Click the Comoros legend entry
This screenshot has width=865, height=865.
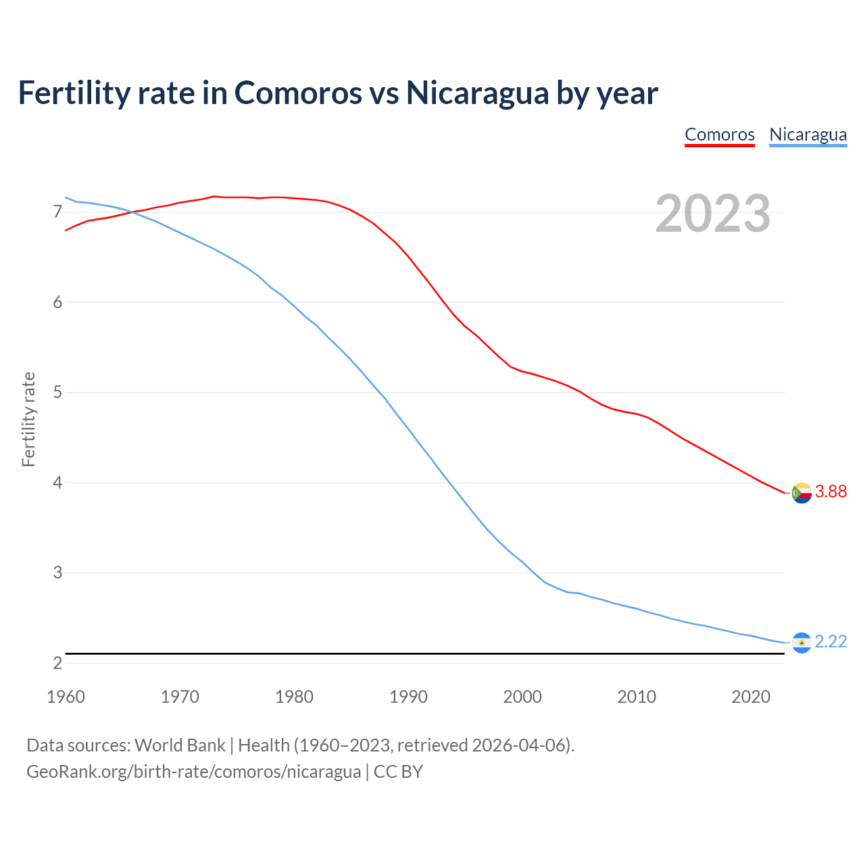(x=719, y=134)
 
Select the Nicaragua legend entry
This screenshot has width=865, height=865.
(x=808, y=134)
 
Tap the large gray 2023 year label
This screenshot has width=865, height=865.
(x=712, y=214)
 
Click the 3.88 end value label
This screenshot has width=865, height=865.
(x=831, y=492)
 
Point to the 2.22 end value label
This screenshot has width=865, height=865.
(x=831, y=642)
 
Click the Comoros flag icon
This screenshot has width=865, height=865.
(x=801, y=493)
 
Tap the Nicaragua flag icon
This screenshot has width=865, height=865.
(x=801, y=643)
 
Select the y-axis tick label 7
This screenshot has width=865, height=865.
(x=57, y=212)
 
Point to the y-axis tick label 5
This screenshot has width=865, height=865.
(x=57, y=393)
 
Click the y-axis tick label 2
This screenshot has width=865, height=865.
(x=57, y=664)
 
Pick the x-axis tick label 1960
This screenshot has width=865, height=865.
(x=66, y=697)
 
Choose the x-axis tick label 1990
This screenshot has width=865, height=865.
(x=408, y=697)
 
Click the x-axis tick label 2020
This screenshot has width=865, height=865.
(x=751, y=697)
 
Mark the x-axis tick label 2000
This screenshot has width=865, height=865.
(x=522, y=697)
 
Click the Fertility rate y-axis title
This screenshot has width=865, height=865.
(x=28, y=419)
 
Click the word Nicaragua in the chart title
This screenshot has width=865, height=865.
(x=477, y=93)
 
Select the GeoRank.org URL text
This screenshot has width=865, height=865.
(x=193, y=772)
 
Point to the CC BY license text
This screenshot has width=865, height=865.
(x=398, y=772)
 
